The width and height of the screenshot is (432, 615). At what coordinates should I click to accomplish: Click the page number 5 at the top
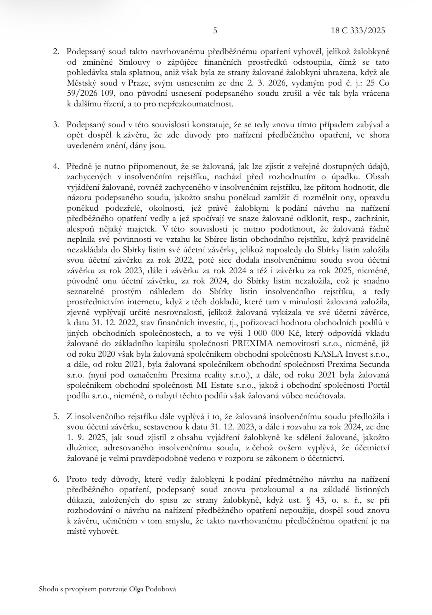215,31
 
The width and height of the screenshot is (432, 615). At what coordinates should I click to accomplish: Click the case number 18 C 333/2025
358,31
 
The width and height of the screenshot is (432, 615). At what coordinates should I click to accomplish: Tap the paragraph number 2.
56,51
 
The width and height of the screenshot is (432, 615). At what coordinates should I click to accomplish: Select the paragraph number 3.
56,125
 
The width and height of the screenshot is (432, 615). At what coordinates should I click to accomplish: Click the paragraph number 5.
56,417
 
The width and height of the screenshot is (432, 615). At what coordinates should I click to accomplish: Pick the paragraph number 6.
56,480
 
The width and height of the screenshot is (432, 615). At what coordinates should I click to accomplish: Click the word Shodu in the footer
47,589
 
